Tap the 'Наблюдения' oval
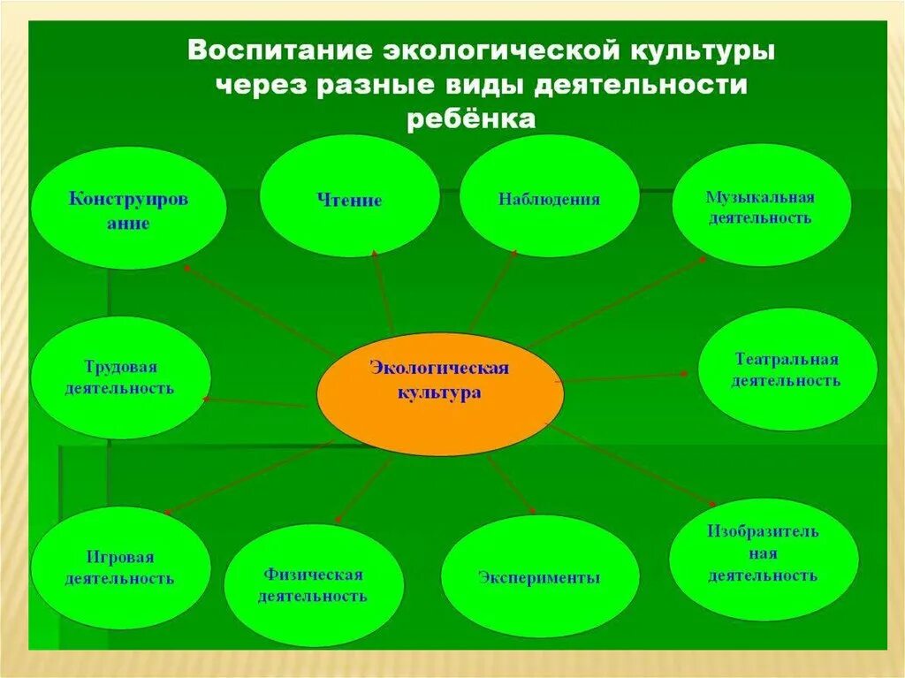pyautogui.click(x=549, y=198)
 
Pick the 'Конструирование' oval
pyautogui.click(x=128, y=209)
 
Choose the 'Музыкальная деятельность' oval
pyautogui.click(x=760, y=206)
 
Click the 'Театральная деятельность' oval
pyautogui.click(x=787, y=369)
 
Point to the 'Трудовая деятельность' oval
pyautogui.click(x=120, y=377)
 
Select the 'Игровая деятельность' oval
pyautogui.click(x=120, y=568)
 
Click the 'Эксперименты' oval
pyautogui.click(x=539, y=577)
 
